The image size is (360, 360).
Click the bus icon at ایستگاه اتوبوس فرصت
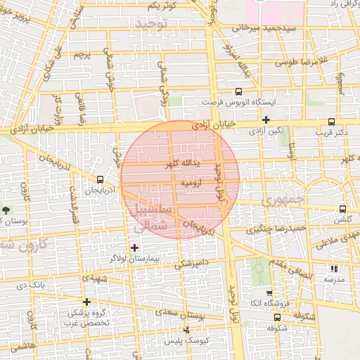tap(238, 91)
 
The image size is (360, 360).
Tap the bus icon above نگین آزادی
tap(266, 120)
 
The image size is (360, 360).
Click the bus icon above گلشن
tap(342, 209)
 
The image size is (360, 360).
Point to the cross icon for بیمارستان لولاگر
tap(134, 247)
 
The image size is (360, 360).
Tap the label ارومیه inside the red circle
tap(192, 182)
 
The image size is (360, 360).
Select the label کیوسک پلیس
tap(182, 340)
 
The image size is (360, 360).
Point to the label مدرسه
tap(333, 279)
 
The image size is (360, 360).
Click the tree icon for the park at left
tap(6, 210)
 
